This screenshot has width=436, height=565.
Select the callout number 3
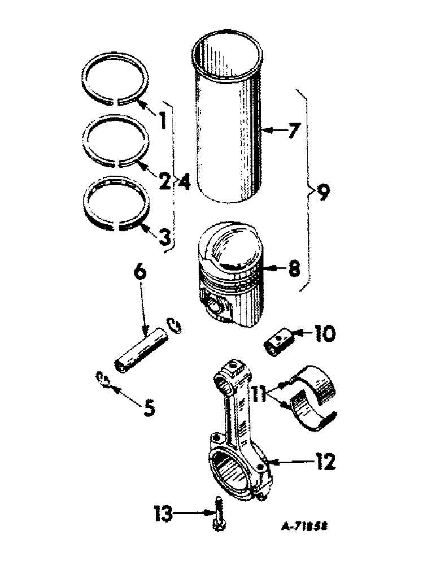pos(164,236)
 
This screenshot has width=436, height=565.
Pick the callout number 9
pos(321,194)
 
